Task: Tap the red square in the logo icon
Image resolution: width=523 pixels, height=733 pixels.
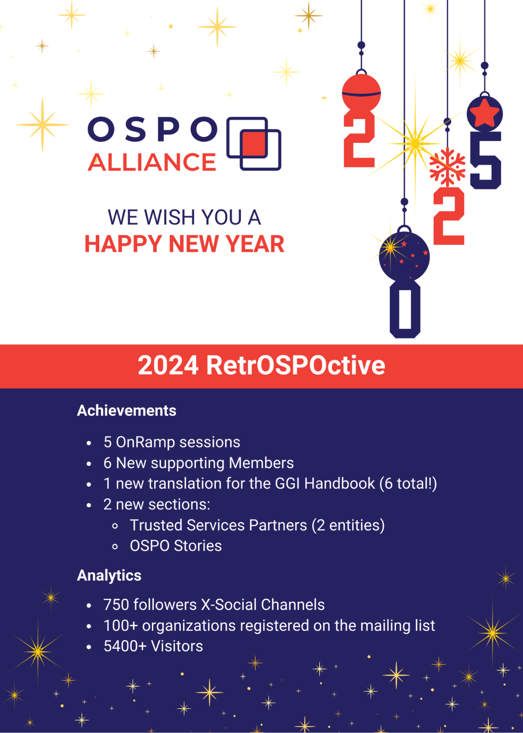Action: tap(254, 143)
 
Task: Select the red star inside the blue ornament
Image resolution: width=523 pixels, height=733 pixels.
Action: tap(484, 113)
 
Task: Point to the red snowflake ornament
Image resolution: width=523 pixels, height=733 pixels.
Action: tap(447, 167)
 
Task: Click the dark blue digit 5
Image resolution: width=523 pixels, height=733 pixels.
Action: tap(486, 160)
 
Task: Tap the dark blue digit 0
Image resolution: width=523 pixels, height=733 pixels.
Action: tap(405, 310)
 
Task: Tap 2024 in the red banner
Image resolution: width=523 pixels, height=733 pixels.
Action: tap(168, 365)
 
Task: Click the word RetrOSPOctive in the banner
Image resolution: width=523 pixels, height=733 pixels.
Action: tap(296, 365)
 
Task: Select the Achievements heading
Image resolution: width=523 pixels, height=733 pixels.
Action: tap(126, 411)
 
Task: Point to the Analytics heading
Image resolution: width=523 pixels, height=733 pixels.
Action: tap(109, 576)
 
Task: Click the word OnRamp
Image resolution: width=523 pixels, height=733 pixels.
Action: tap(145, 442)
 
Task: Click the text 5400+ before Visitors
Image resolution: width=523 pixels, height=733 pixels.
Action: tap(125, 646)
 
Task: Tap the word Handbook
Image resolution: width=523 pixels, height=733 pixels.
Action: tap(339, 484)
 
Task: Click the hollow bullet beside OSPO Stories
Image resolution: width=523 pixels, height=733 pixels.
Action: tap(115, 546)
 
